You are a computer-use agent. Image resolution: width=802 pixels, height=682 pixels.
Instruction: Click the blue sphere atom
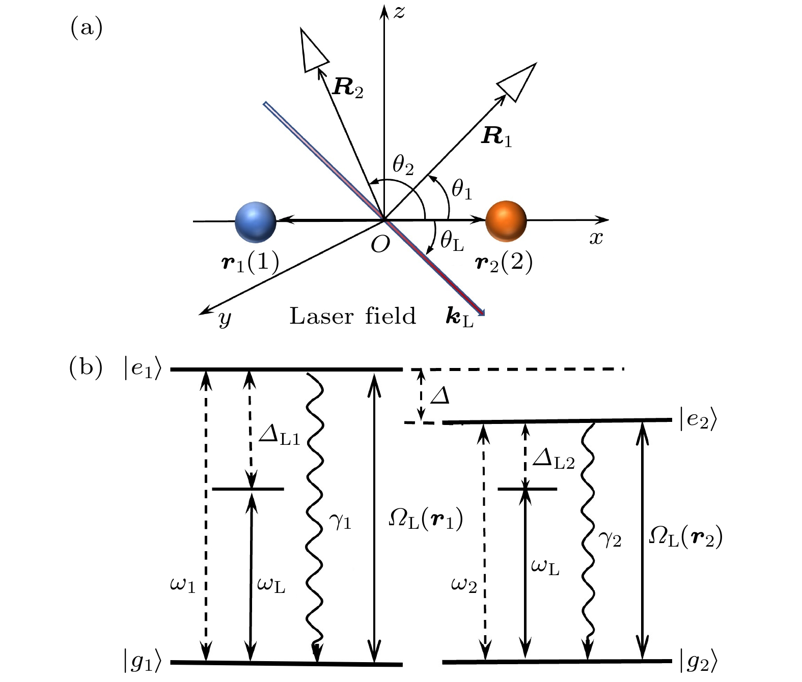point(256,222)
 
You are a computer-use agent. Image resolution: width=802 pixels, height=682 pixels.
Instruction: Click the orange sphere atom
point(506,221)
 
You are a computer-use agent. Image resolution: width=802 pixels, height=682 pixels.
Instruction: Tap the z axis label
point(399,12)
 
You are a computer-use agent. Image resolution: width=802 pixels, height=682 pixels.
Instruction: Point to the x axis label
point(596,238)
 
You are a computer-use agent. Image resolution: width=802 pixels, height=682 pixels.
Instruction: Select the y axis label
point(225,319)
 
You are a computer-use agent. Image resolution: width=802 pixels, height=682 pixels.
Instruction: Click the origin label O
point(380,245)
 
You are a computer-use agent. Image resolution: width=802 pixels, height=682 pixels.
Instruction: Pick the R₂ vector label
point(348,88)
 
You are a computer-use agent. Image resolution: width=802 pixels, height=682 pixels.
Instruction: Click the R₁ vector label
point(496,136)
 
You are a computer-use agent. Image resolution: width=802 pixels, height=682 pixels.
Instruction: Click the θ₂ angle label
point(403,165)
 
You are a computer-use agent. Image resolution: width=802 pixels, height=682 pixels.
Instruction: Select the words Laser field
point(352,316)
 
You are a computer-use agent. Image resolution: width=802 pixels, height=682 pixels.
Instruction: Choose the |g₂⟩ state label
point(699,662)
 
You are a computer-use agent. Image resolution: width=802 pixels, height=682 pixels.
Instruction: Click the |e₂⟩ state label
point(698,420)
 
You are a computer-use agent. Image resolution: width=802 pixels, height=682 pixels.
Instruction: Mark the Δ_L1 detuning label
point(280,436)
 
